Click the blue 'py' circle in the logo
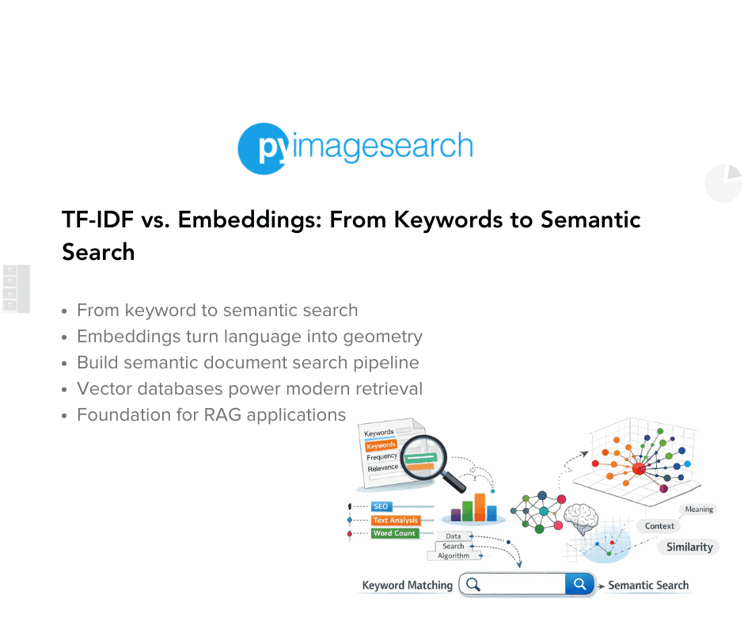pyautogui.click(x=262, y=147)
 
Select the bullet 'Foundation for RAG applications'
pyautogui.click(x=211, y=414)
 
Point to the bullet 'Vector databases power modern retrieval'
pyautogui.click(x=249, y=388)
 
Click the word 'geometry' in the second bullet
pyautogui.click(x=383, y=336)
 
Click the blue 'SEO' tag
pyautogui.click(x=381, y=506)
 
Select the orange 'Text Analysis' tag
pyautogui.click(x=395, y=521)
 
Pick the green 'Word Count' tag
pyautogui.click(x=394, y=533)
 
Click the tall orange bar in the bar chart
pyautogui.click(x=479, y=507)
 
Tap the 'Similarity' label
pyautogui.click(x=689, y=547)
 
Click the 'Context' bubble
pyautogui.click(x=659, y=525)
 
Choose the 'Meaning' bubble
pyautogui.click(x=698, y=509)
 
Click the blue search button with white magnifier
pyautogui.click(x=579, y=585)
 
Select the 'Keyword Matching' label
pyautogui.click(x=407, y=586)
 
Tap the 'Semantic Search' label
pyautogui.click(x=647, y=586)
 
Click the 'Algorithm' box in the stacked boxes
pyautogui.click(x=454, y=556)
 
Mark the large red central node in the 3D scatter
pyautogui.click(x=638, y=469)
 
